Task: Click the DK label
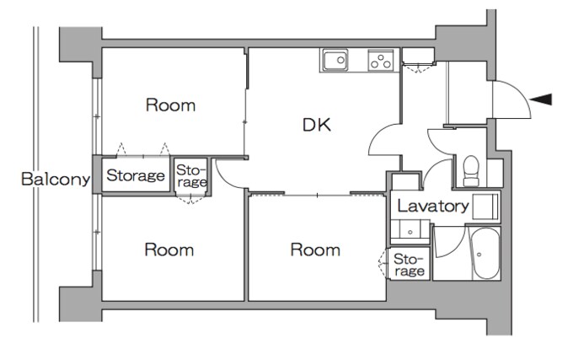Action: [x=317, y=125]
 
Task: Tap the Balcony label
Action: [x=56, y=179]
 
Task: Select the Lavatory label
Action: [x=432, y=207]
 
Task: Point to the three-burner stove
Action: [x=381, y=61]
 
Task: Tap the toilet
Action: [x=471, y=171]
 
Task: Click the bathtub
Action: [x=485, y=254]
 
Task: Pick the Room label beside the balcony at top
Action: [x=171, y=105]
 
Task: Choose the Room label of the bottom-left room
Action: [x=169, y=250]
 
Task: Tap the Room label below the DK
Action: [x=315, y=250]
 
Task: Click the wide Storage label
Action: [x=136, y=176]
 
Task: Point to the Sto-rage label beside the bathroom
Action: [x=410, y=265]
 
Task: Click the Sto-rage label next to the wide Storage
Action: [x=191, y=176]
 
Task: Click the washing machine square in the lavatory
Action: [x=485, y=207]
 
